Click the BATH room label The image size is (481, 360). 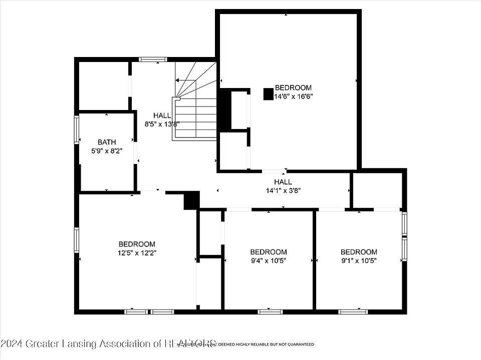107,142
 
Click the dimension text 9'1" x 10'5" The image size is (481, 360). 359,260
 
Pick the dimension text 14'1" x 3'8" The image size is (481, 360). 283,190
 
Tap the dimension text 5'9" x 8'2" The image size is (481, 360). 107,150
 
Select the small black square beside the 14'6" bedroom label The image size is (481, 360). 268,94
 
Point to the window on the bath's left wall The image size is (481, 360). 77,129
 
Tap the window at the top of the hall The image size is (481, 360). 153,59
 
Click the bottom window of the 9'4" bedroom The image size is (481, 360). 271,311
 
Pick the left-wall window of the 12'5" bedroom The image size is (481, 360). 77,239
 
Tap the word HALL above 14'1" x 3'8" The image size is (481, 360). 283,182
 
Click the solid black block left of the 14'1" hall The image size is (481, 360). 191,200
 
